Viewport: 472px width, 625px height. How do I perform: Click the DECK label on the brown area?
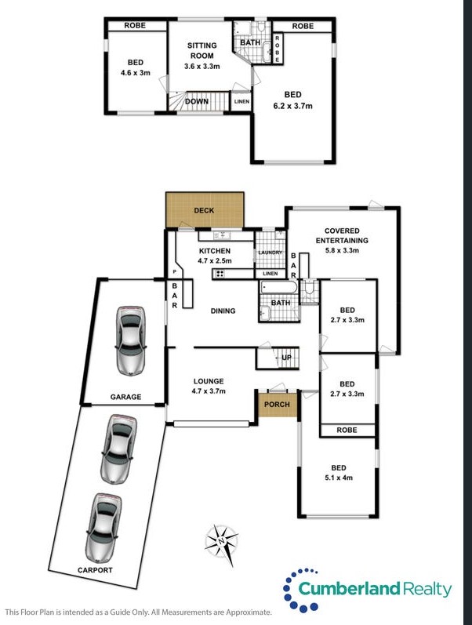tap(204, 210)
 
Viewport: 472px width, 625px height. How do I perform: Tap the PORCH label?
tap(277, 404)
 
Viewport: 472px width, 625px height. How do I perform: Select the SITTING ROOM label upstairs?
tap(202, 51)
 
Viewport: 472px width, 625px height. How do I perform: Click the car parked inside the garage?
tap(130, 340)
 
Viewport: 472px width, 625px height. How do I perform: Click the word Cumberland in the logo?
tap(349, 589)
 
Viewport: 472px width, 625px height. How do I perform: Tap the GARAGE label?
tap(125, 397)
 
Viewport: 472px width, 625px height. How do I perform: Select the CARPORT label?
tap(95, 570)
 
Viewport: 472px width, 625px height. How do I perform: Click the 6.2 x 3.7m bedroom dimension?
tap(293, 106)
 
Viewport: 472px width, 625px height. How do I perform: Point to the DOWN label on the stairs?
tap(197, 102)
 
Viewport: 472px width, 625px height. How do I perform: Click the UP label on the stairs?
tap(287, 358)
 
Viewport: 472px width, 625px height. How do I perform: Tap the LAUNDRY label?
tap(270, 253)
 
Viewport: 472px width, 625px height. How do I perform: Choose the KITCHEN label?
tap(215, 251)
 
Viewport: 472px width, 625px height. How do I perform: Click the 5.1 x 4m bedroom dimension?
tap(339, 478)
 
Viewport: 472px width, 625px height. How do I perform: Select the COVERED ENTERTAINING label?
tap(342, 235)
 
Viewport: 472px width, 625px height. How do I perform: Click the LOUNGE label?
tap(209, 381)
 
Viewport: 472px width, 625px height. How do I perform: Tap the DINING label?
tap(223, 311)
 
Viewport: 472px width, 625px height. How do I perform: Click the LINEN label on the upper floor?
tap(241, 102)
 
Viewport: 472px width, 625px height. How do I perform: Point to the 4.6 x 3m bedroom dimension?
tap(136, 73)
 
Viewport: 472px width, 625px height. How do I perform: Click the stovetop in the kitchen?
tap(220, 274)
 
